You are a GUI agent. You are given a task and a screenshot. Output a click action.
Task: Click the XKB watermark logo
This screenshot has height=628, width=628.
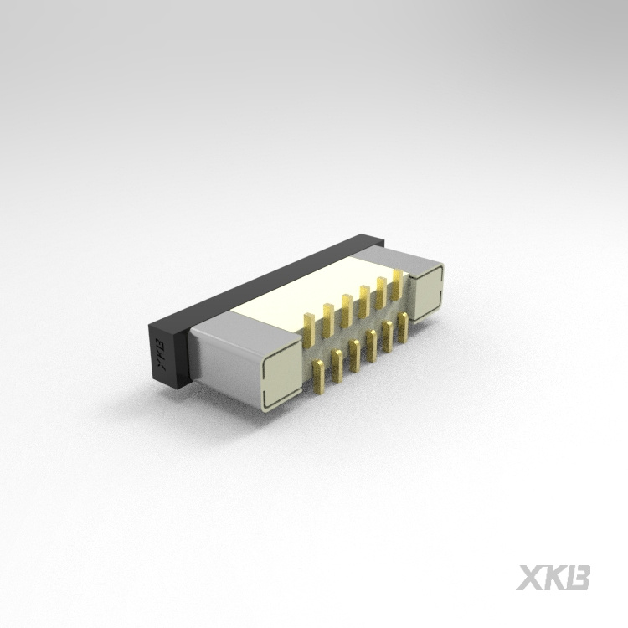tap(553, 578)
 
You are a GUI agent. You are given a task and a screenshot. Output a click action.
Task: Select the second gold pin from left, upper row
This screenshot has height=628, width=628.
tap(327, 314)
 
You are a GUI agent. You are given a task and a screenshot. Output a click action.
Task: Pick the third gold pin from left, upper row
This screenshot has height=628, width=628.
tap(346, 306)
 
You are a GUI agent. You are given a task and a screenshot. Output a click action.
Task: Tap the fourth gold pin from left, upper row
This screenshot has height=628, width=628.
tap(364, 297)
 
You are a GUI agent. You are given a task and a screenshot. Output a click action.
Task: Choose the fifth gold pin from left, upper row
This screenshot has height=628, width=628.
tap(381, 289)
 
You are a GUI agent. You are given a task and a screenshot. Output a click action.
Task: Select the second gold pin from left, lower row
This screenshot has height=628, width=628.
tap(337, 363)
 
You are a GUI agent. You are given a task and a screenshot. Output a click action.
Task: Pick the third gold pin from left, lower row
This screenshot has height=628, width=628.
tap(355, 353)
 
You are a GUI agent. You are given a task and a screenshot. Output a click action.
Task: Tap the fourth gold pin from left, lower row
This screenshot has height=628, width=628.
tap(372, 343)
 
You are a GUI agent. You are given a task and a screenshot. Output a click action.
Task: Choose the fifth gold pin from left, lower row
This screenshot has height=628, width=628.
tap(389, 334)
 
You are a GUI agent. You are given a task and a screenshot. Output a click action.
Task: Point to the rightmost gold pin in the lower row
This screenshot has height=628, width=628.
tap(404, 326)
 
